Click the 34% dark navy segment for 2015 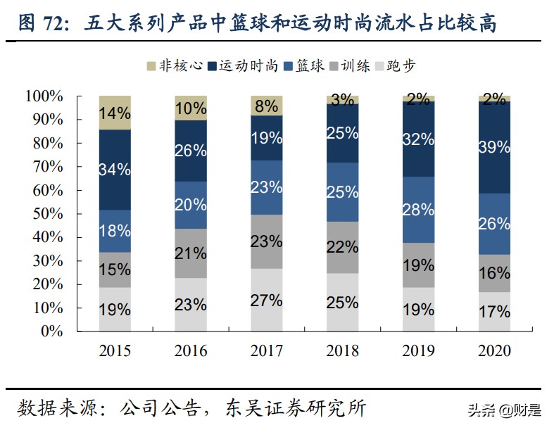[115, 170]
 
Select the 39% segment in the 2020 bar [493, 148]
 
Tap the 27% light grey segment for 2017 [267, 300]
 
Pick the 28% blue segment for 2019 [418, 210]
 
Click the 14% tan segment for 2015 [115, 113]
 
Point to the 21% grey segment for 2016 [191, 253]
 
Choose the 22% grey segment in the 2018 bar [342, 247]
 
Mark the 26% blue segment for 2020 [493, 224]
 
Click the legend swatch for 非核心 [150, 65]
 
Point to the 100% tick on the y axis [44, 96]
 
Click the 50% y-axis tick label [47, 213]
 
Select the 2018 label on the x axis [342, 350]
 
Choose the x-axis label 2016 [191, 350]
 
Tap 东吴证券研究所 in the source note [296, 407]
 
